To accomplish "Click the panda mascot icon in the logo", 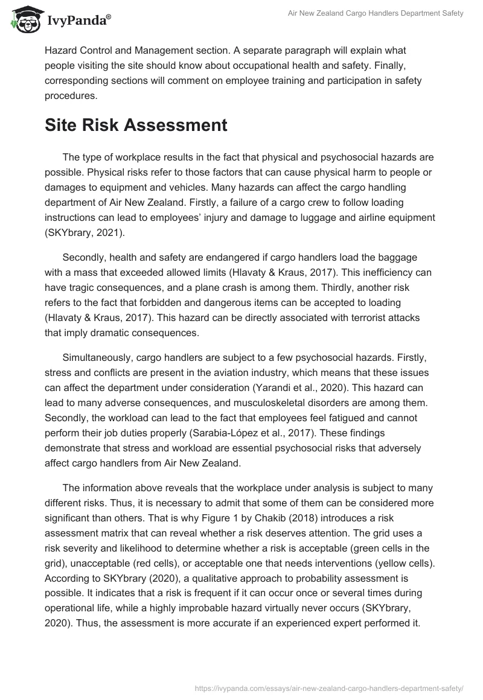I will coord(24,21).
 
